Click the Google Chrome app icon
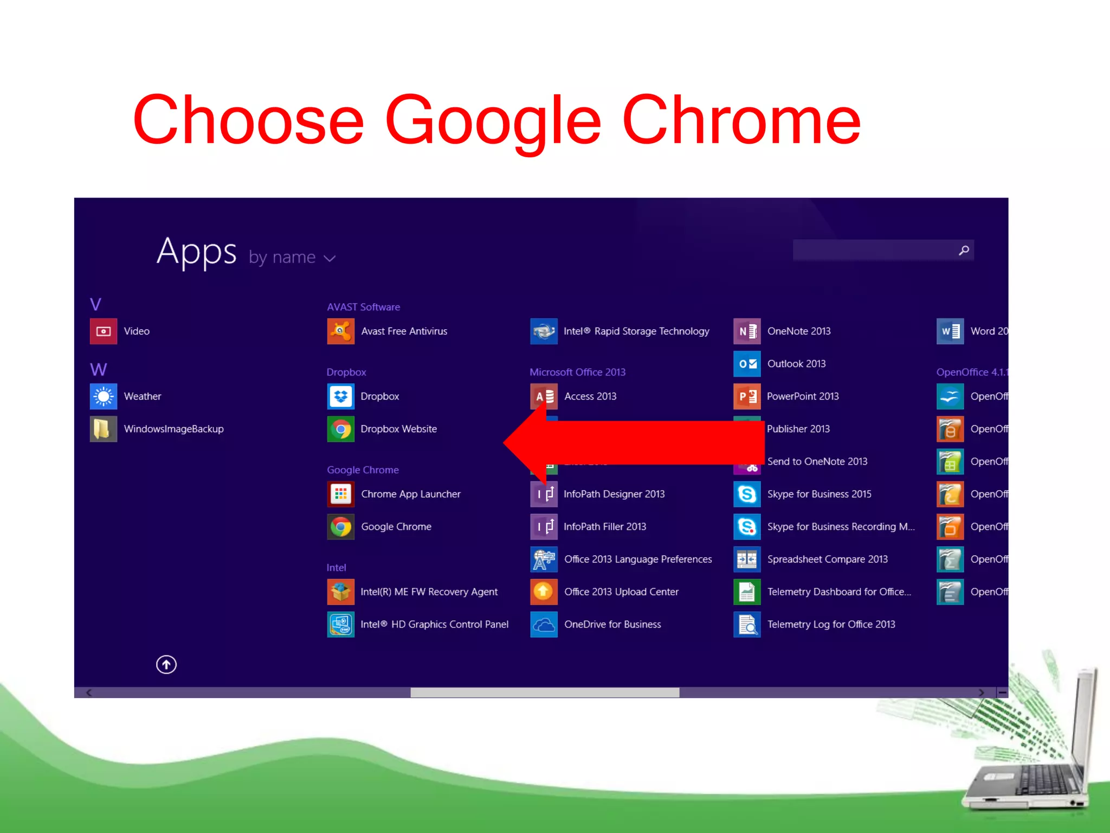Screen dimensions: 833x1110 tap(340, 527)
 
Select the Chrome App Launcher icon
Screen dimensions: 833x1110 tap(340, 494)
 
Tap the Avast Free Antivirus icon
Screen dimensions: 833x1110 tap(340, 331)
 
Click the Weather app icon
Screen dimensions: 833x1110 tap(104, 396)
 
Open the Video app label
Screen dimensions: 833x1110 tap(137, 331)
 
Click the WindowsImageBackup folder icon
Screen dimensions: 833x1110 tap(104, 429)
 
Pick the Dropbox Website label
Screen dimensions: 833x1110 tap(398, 429)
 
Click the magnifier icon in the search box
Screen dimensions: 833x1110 tap(964, 251)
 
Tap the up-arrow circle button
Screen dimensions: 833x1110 tap(166, 664)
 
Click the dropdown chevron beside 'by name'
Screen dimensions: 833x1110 tap(330, 259)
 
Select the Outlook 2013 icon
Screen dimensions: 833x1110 tap(747, 364)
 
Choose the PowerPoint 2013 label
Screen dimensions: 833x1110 tap(803, 396)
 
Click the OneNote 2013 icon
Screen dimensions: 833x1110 tap(747, 331)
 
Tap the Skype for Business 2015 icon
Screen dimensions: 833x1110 tap(747, 494)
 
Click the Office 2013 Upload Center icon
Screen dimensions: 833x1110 tap(544, 592)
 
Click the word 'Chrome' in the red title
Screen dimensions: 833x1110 tap(741, 120)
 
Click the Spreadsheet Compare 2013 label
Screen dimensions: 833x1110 tap(827, 559)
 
